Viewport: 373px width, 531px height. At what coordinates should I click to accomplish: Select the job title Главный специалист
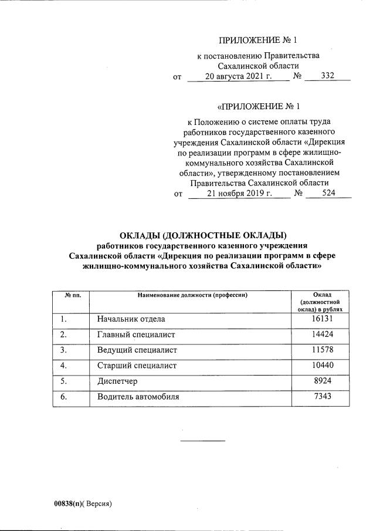point(136,334)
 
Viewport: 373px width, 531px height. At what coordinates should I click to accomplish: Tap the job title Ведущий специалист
point(137,350)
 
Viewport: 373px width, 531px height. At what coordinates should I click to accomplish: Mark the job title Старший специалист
point(137,366)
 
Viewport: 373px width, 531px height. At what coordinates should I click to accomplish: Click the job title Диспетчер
point(117,381)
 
